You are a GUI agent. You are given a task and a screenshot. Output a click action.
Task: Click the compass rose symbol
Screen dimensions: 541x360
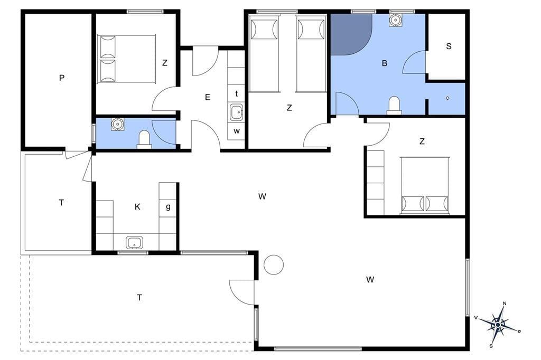point(498,324)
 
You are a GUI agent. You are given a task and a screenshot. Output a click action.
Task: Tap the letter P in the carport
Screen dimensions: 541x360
point(62,78)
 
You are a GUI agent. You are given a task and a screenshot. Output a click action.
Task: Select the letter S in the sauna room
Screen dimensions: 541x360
point(449,46)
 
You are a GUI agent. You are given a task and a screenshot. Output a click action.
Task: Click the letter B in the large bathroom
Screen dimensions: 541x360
point(385,63)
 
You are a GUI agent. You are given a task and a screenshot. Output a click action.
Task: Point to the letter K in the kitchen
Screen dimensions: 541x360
point(137,206)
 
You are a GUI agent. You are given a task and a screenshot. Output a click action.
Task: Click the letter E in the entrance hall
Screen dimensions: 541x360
point(207,97)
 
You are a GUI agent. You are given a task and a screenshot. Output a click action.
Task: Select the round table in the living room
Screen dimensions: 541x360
point(274,265)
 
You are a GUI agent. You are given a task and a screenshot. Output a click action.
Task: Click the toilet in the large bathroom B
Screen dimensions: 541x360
point(394,106)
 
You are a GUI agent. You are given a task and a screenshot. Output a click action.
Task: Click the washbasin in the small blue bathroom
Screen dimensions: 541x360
point(117,124)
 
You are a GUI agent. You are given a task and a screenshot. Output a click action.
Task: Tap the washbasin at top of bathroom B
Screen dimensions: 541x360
point(396,20)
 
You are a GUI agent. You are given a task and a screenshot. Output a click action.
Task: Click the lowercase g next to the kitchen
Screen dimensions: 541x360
point(168,207)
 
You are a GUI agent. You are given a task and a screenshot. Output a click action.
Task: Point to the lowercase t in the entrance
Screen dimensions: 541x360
point(236,93)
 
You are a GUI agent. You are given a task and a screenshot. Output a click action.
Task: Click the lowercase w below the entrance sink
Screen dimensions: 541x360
point(237,131)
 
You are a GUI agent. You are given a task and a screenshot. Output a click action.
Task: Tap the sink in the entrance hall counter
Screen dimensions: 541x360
point(236,112)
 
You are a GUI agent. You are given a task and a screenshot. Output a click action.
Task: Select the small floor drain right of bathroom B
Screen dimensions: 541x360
point(447,98)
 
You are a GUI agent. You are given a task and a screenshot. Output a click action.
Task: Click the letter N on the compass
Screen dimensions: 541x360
point(505,304)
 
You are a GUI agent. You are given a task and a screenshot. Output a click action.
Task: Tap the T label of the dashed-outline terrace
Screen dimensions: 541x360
point(139,297)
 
